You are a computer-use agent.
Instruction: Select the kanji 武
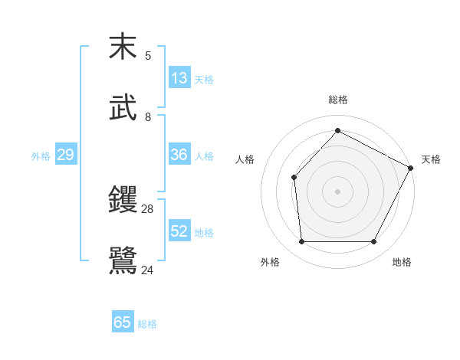coord(123,107)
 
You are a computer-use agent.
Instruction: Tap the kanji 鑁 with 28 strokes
coord(123,200)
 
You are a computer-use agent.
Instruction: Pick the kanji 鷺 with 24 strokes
coord(123,260)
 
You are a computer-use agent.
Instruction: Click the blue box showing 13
coord(179,78)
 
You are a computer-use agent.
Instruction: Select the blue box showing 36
coord(179,155)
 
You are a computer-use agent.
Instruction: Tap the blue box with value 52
coord(179,231)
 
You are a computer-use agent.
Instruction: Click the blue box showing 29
coord(65,155)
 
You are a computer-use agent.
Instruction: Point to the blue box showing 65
coord(123,322)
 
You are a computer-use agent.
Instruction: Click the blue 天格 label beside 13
coord(204,79)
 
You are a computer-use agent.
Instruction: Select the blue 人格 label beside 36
coord(204,155)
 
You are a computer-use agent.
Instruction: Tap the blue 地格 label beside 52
coord(204,232)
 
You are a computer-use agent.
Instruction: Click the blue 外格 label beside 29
coord(41,155)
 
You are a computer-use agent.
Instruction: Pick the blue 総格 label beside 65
coord(147,323)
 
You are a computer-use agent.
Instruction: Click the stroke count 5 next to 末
coord(148,55)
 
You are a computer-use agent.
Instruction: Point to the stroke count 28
coord(148,208)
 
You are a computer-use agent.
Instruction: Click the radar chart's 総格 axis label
coord(337,100)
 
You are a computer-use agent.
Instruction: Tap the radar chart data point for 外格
coord(301,242)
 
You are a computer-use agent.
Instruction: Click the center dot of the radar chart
coord(337,191)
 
